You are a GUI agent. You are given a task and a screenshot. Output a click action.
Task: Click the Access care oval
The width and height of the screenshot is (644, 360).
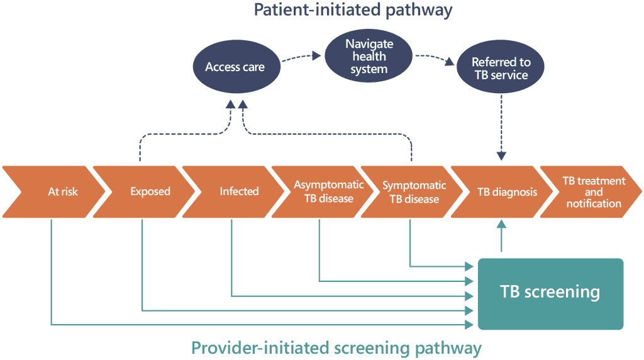coord(235,66)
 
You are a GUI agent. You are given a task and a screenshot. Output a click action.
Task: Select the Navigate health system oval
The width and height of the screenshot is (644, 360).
coord(369,56)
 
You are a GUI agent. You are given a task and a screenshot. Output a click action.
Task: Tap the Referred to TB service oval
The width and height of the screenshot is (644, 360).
coord(501,69)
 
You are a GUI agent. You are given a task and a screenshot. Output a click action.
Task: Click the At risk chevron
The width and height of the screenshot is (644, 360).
coord(57,191)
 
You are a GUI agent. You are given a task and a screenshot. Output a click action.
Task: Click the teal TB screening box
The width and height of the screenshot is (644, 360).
coord(550,293)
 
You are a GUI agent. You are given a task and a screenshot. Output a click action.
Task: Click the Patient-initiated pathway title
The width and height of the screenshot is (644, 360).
coord(353,10)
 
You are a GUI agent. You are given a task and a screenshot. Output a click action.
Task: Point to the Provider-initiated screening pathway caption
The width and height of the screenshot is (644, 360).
coord(336,347)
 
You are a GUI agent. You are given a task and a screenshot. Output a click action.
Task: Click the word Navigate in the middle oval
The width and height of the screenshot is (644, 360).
coord(369,44)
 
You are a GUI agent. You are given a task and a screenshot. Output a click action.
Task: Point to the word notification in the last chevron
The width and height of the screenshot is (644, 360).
coord(594,203)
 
